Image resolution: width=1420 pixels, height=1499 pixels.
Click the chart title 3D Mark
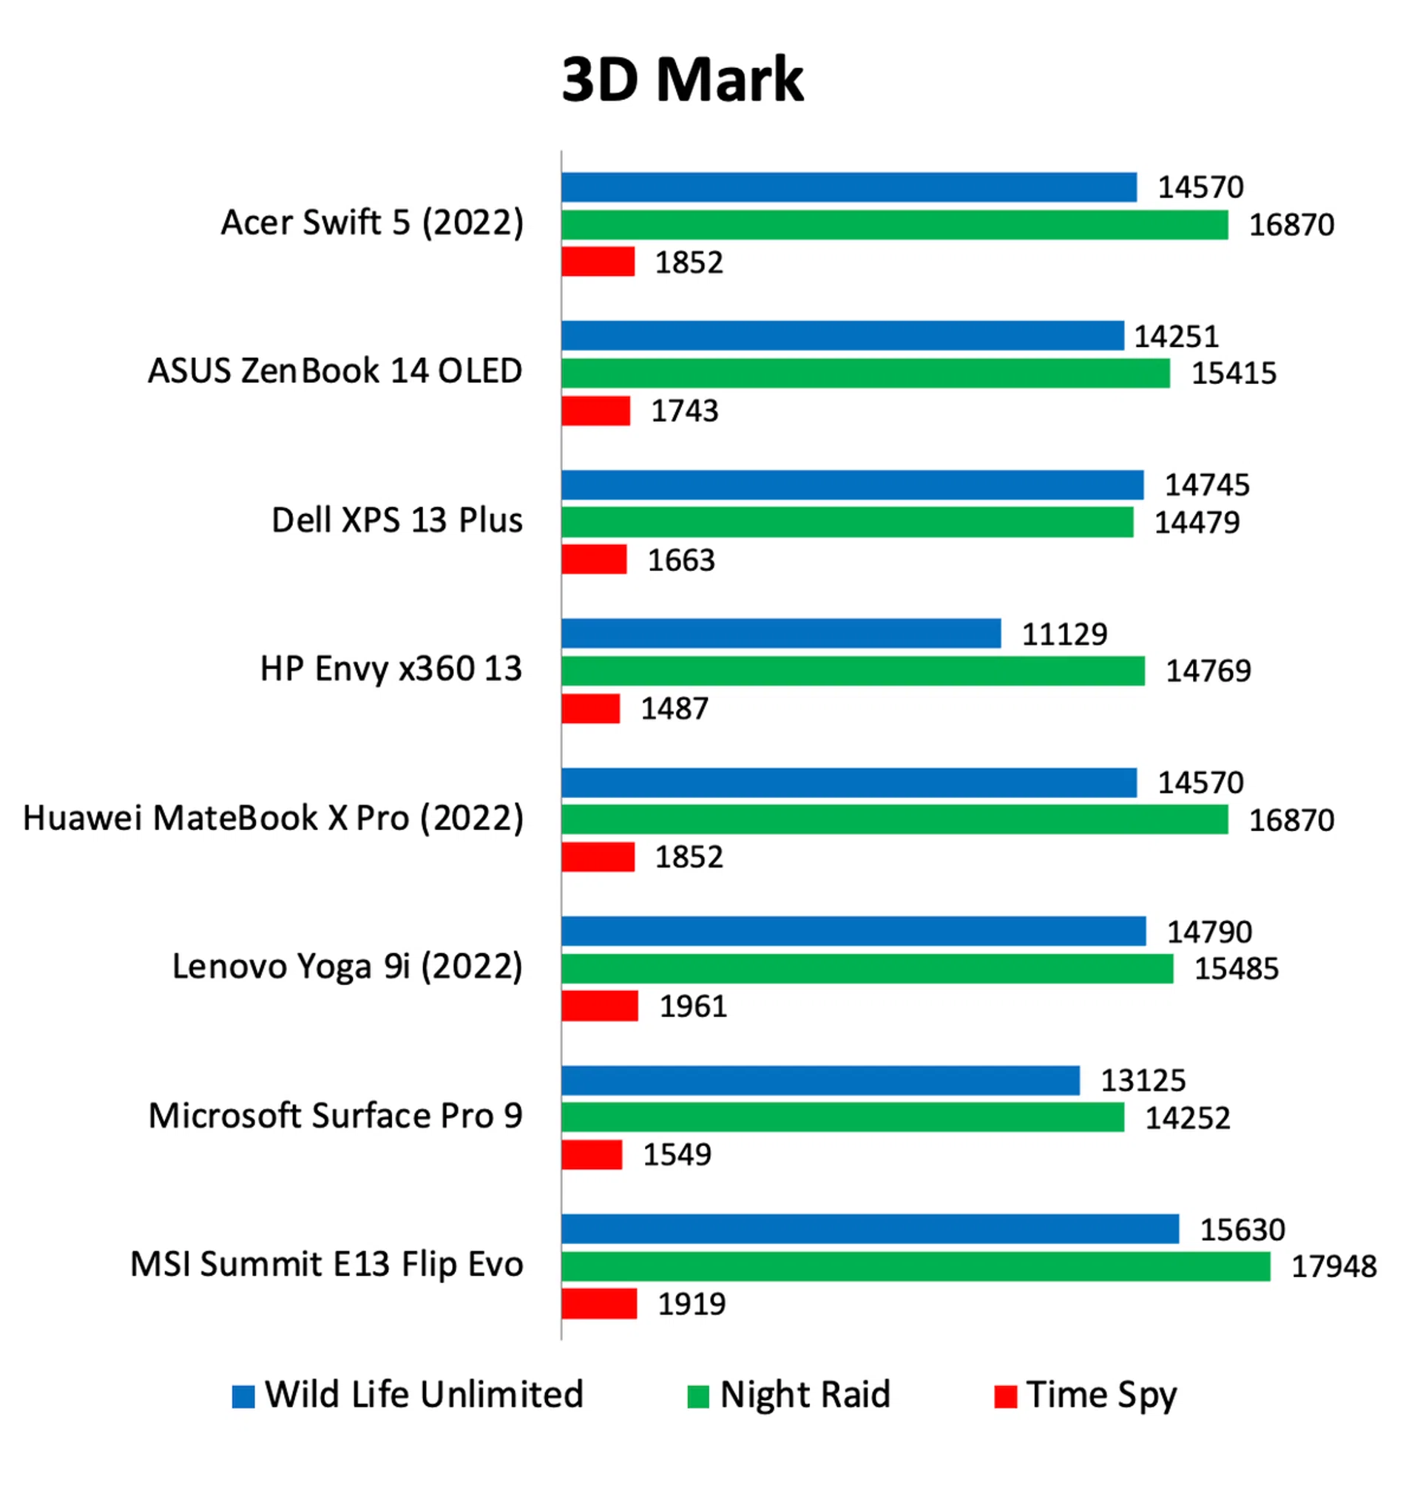[682, 79]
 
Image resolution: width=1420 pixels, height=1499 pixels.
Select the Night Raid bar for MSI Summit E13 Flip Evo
[915, 1266]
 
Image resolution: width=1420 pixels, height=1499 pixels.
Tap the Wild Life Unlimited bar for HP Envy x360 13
[780, 633]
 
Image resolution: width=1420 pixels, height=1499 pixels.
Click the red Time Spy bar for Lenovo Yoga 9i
[600, 1006]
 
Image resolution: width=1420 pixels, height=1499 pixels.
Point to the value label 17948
[1333, 1267]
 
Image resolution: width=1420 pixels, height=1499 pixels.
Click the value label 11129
[1064, 634]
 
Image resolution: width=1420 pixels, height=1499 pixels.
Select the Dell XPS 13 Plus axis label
[396, 521]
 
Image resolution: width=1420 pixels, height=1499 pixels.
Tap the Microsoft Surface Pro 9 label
[335, 1115]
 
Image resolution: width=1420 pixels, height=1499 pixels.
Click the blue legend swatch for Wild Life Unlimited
[243, 1396]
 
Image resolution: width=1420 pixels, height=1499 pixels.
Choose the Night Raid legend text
[805, 1395]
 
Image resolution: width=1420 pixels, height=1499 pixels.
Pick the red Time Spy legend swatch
[1004, 1396]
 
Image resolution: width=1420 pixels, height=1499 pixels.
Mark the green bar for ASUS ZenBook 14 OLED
[865, 373]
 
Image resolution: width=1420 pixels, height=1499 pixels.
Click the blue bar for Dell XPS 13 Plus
[852, 485]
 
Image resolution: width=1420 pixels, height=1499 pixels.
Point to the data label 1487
[674, 709]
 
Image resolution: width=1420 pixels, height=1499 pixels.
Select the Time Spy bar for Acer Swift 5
[598, 262]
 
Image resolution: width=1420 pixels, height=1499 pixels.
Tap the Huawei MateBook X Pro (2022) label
[273, 818]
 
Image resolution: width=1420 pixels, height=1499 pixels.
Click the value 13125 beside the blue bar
[1142, 1080]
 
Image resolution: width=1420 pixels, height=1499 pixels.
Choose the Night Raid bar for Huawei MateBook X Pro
[894, 819]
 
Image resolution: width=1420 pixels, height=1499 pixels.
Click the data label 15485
[1236, 969]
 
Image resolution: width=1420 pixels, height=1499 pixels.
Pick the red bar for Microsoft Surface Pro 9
[591, 1154]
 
